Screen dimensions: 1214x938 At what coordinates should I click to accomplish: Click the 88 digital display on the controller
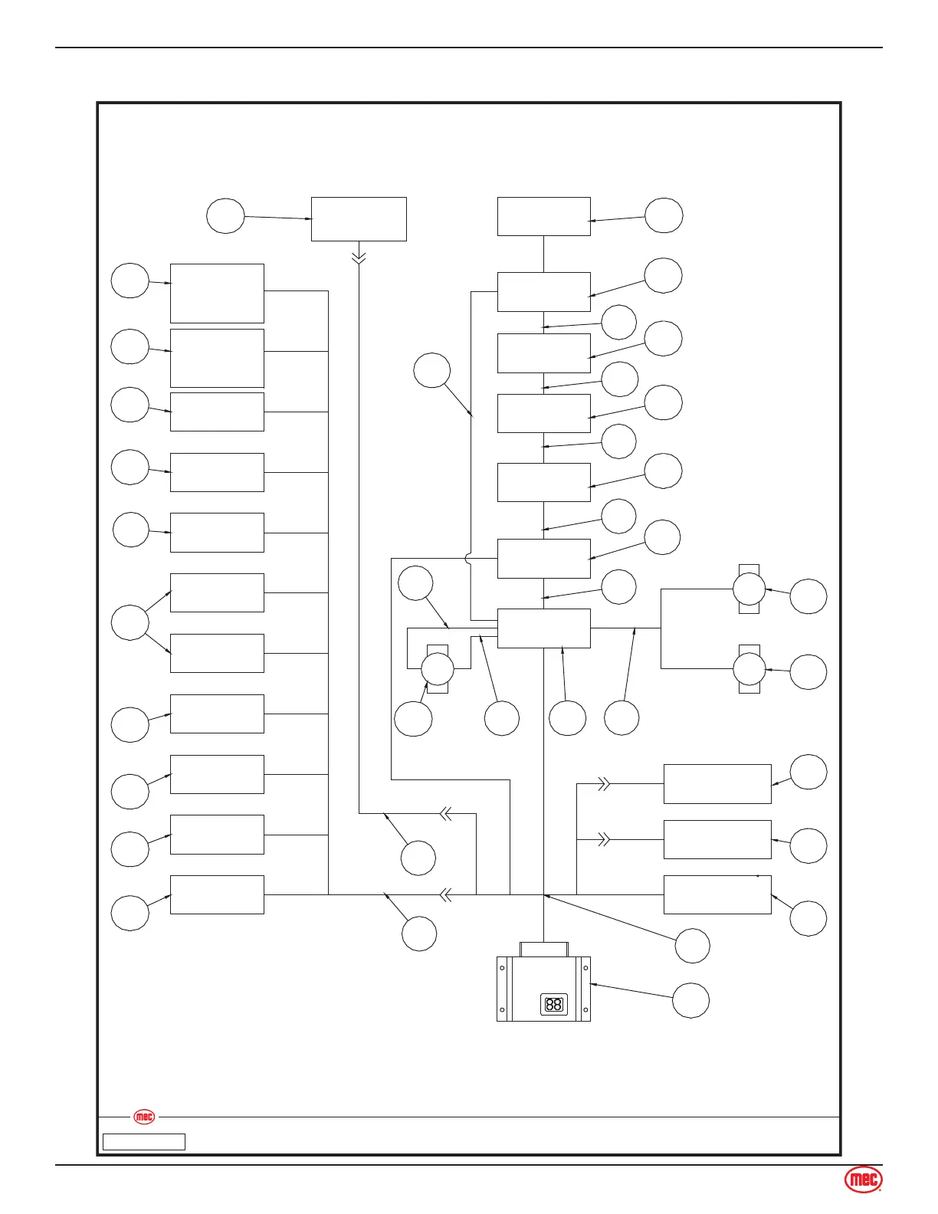[553, 1004]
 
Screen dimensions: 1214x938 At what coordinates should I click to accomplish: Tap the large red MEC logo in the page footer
[863, 1180]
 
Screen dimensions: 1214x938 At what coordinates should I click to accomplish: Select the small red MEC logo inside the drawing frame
[144, 1117]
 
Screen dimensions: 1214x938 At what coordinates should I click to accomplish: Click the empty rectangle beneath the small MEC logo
[144, 1142]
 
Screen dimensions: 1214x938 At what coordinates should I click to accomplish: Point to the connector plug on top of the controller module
[544, 949]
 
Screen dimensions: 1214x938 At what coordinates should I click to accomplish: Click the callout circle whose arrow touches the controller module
[690, 1000]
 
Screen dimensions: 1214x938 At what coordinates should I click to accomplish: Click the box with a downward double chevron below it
[359, 219]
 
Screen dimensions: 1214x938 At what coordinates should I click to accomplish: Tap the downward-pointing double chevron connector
[359, 258]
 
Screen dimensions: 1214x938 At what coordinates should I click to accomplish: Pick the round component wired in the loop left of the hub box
[438, 669]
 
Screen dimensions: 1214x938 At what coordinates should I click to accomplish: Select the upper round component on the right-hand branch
[749, 589]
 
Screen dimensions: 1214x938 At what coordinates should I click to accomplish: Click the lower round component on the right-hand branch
[749, 669]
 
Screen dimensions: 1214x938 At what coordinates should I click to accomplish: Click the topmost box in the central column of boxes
[543, 216]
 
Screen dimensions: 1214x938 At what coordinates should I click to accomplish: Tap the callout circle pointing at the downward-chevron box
[225, 215]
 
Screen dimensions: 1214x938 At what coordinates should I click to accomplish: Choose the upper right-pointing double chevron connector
[604, 783]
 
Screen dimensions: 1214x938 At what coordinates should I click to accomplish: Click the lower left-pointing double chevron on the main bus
[444, 894]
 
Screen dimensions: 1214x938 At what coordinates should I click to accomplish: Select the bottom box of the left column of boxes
[217, 894]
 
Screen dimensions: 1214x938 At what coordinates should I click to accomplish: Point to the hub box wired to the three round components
[543, 628]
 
